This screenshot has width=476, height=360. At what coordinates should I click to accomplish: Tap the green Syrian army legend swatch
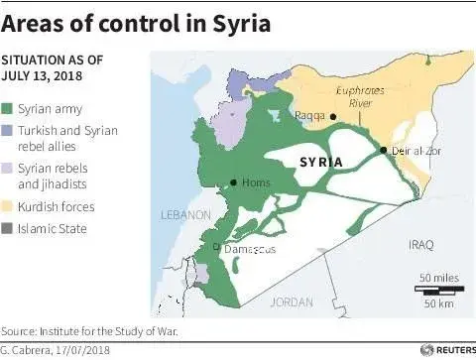(x=9, y=108)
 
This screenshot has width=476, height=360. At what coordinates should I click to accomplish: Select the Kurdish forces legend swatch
(x=9, y=207)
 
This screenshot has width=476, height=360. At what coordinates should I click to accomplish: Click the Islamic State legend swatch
(x=9, y=229)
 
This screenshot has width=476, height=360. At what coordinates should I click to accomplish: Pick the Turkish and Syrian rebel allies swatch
(x=9, y=130)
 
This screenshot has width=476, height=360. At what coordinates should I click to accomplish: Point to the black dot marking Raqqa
(x=334, y=117)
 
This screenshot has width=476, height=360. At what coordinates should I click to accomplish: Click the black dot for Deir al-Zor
(x=383, y=150)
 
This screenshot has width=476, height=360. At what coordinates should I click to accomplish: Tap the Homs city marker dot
(x=233, y=181)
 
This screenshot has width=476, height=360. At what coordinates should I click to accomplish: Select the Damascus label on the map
(x=249, y=250)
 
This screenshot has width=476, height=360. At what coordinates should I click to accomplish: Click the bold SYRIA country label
(x=319, y=161)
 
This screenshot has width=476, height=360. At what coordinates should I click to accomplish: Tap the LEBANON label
(x=184, y=215)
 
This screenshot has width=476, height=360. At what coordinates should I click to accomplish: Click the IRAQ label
(x=420, y=243)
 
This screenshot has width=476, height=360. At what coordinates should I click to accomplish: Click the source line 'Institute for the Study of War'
(x=97, y=331)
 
